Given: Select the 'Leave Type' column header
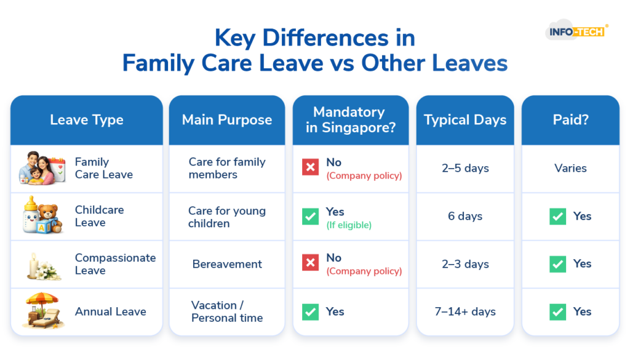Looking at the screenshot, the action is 87,120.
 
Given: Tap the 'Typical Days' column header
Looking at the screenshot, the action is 465,120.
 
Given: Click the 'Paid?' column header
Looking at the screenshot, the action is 570,119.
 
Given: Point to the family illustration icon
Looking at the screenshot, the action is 42,168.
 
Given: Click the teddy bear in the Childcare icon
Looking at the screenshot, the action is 50,217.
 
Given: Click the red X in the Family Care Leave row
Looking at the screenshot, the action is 310,167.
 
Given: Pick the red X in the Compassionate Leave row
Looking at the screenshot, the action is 310,263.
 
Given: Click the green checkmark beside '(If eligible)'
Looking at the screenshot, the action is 310,217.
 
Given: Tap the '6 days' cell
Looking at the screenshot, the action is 465,216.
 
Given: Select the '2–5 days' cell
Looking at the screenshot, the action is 465,168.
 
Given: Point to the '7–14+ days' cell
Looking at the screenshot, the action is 465,311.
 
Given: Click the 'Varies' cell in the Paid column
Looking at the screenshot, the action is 570,168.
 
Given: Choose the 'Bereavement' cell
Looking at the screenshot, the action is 227,264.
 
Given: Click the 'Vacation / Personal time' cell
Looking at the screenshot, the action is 227,311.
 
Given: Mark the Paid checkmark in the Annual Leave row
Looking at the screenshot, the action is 557,312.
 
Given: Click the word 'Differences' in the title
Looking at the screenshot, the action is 325,38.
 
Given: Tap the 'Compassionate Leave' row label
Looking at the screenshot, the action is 115,264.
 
